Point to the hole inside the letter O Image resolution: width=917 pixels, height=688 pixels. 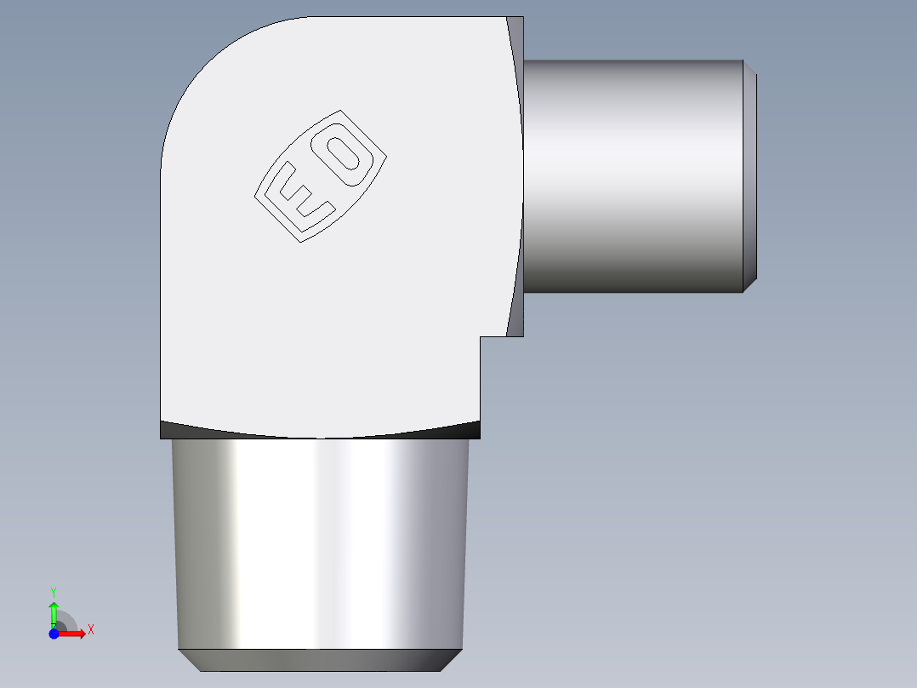click(x=347, y=156)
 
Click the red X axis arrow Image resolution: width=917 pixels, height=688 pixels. click(x=73, y=633)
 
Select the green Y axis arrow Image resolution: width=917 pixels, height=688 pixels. click(x=54, y=612)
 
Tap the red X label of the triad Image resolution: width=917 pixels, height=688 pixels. click(x=91, y=630)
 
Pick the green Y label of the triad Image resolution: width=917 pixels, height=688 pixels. click(x=54, y=591)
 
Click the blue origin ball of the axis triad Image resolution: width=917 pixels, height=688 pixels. click(x=54, y=633)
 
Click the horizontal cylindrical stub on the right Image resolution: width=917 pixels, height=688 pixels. click(x=633, y=176)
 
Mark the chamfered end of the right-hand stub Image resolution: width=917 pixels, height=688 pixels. click(x=750, y=176)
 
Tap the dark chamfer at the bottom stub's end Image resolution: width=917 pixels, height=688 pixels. click(x=321, y=660)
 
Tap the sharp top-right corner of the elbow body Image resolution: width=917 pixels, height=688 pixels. click(x=522, y=18)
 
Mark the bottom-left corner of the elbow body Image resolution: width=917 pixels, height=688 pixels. click(x=162, y=437)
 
